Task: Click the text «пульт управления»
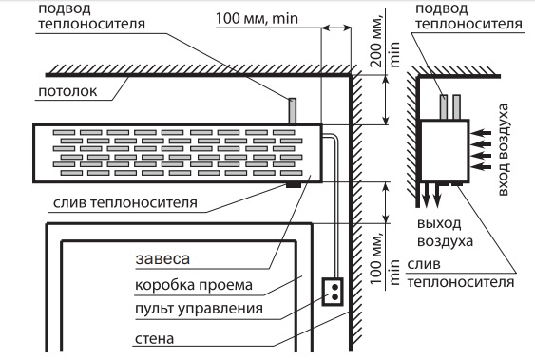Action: (199, 309)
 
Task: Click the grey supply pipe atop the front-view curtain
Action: (294, 110)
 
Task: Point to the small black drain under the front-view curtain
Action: (296, 184)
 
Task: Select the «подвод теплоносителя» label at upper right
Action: (455, 17)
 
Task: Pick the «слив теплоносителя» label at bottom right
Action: (460, 273)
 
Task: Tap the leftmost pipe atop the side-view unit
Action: (444, 105)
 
